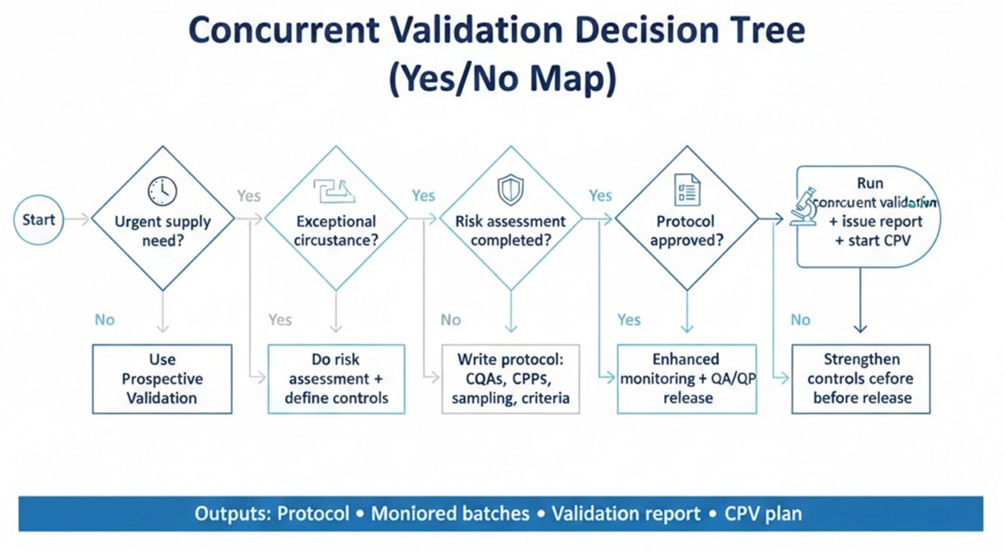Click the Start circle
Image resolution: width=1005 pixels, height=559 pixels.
39,220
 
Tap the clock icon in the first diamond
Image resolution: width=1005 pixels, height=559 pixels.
162,191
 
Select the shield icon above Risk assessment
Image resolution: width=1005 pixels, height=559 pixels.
510,190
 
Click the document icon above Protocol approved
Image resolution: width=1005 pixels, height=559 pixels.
686,190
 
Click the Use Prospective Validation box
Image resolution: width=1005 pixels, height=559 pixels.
162,379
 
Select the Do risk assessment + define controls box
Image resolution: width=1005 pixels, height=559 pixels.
336,379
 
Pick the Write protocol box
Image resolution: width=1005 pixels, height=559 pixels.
510,379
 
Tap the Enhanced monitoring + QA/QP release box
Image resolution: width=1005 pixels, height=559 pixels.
687,379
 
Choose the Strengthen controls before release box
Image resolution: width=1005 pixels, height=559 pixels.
860,379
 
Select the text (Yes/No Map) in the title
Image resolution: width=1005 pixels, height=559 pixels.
502,79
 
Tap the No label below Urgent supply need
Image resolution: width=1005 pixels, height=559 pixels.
105,320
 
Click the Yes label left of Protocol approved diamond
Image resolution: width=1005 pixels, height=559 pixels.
600,196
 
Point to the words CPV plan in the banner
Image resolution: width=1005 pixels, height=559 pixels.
763,514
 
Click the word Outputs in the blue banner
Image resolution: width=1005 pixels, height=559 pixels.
231,514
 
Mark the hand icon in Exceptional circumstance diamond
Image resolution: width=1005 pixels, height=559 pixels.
334,191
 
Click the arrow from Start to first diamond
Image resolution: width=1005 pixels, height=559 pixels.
77,220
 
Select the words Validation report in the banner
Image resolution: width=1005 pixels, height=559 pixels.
626,514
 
